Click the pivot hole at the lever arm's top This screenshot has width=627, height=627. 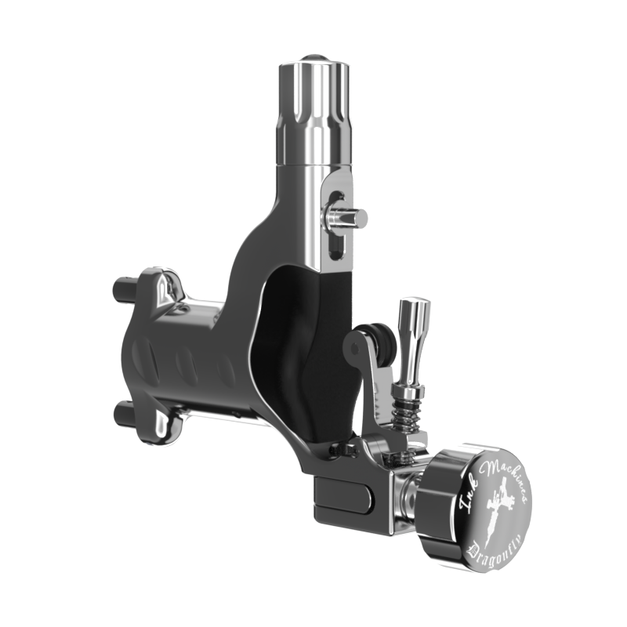tap(354, 349)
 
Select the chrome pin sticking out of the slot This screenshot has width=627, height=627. tap(346, 218)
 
